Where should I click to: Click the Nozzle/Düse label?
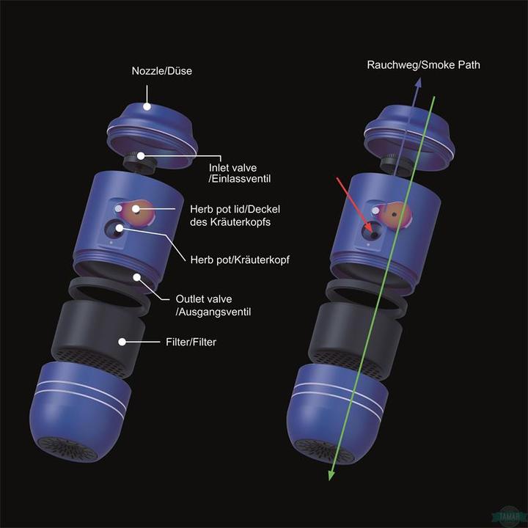click(x=161, y=71)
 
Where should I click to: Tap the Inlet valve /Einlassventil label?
click(x=239, y=173)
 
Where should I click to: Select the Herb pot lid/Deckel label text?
click(x=235, y=209)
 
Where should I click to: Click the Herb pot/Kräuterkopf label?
click(x=240, y=260)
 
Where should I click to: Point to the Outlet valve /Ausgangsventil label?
click(x=213, y=305)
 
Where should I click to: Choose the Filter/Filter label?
click(x=191, y=342)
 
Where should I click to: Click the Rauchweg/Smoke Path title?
click(x=423, y=65)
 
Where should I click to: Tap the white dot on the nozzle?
click(x=147, y=106)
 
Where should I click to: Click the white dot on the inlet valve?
click(x=141, y=156)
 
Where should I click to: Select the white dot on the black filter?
click(x=122, y=342)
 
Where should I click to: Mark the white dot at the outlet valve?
click(x=136, y=277)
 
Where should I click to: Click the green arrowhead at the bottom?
click(x=331, y=474)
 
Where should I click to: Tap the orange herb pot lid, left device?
click(x=139, y=213)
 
